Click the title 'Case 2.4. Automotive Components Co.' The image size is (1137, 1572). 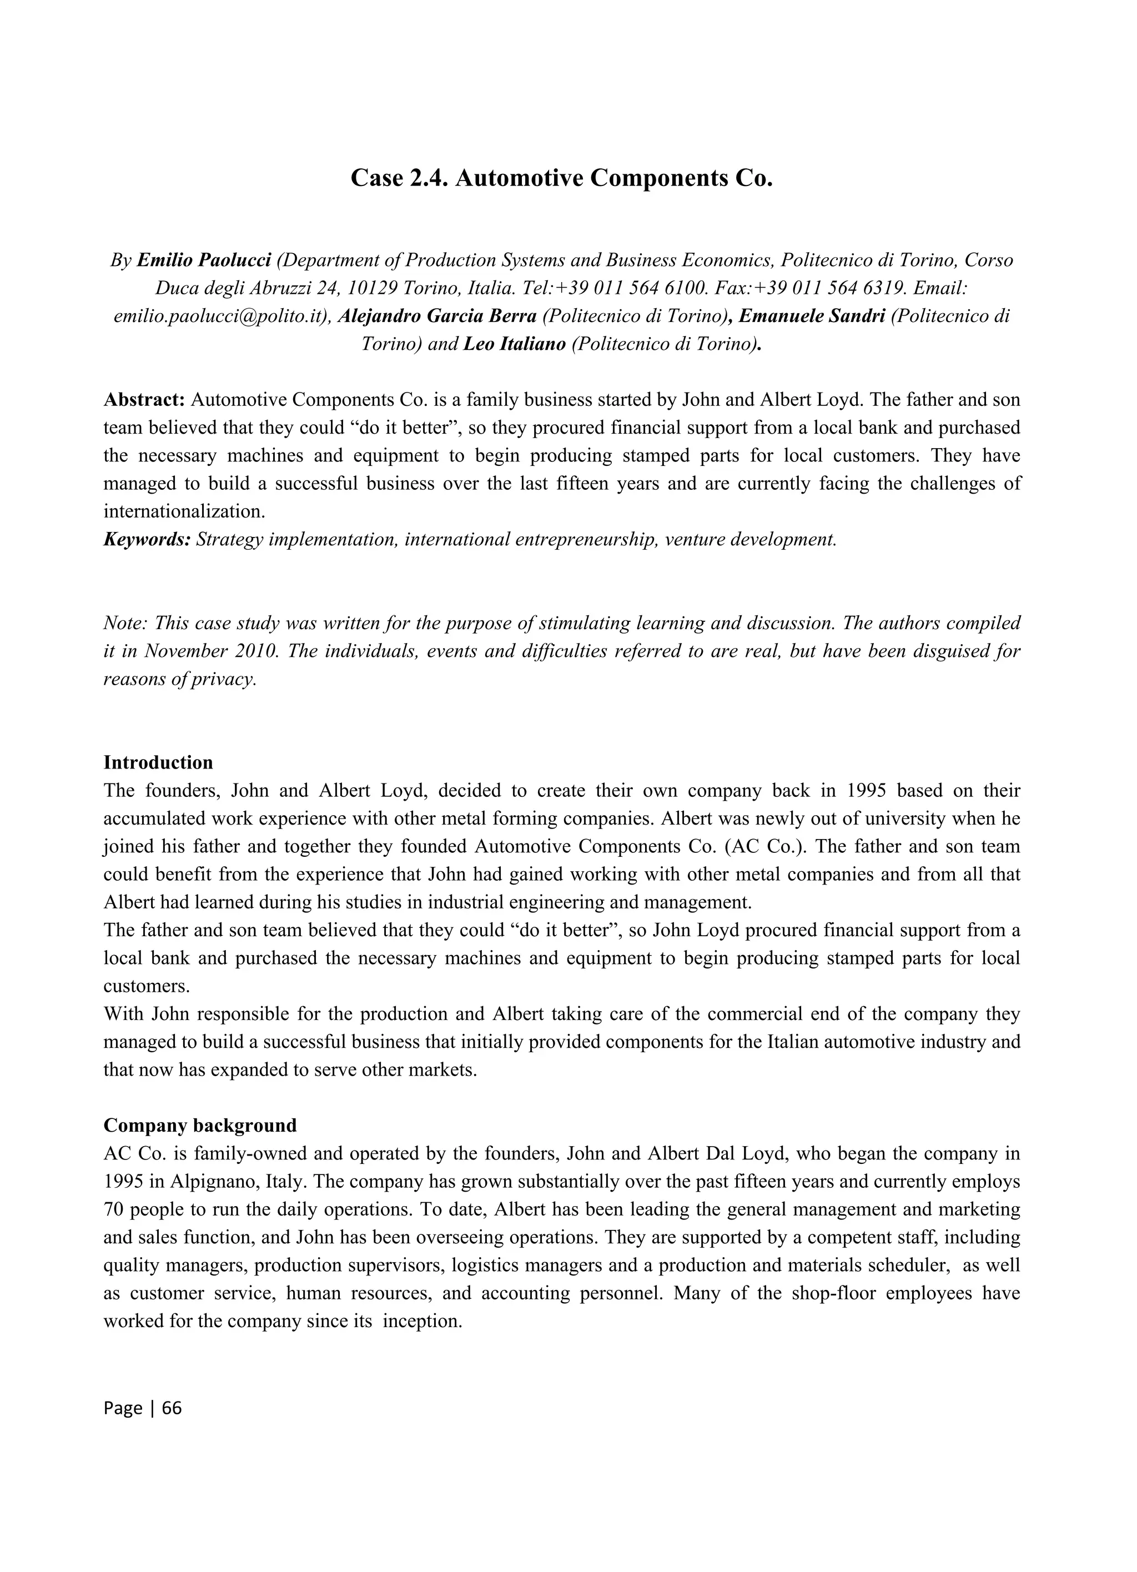pyautogui.click(x=561, y=178)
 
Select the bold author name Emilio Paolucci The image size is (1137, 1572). pyautogui.click(x=204, y=260)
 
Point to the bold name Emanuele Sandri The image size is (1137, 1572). pyautogui.click(x=812, y=316)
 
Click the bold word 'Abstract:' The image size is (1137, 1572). pyautogui.click(x=144, y=400)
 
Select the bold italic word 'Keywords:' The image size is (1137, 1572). pyautogui.click(x=147, y=539)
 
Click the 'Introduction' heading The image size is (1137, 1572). pyautogui.click(x=158, y=762)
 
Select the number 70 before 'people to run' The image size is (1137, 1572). pyautogui.click(x=114, y=1209)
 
